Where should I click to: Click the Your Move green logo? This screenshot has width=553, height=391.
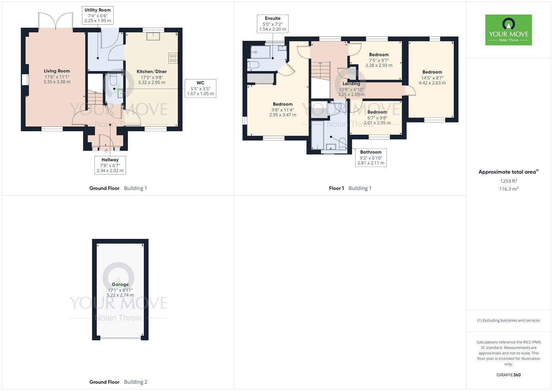click(x=508, y=30)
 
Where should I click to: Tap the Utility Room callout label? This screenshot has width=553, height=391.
click(x=98, y=15)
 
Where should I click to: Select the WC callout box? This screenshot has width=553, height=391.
click(x=200, y=88)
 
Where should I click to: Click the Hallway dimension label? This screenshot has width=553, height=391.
click(x=110, y=165)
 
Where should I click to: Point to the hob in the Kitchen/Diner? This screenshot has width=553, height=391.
click(x=173, y=58)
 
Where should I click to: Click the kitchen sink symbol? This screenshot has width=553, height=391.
click(x=152, y=36)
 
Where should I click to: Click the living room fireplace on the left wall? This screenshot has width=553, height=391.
click(x=25, y=80)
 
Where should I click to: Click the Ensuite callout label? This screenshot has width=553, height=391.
click(x=273, y=24)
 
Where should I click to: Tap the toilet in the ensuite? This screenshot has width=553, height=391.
click(x=253, y=65)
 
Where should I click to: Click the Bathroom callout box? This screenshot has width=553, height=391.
click(x=371, y=157)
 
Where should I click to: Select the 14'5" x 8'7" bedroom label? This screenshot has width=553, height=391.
click(x=432, y=77)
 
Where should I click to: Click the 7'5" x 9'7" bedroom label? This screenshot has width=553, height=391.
click(x=379, y=60)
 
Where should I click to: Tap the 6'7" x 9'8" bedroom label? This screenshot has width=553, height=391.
click(x=377, y=117)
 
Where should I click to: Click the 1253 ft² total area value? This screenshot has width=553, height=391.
click(x=508, y=181)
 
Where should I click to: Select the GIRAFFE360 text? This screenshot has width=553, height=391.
click(x=508, y=375)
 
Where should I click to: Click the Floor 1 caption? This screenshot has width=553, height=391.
click(x=350, y=188)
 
